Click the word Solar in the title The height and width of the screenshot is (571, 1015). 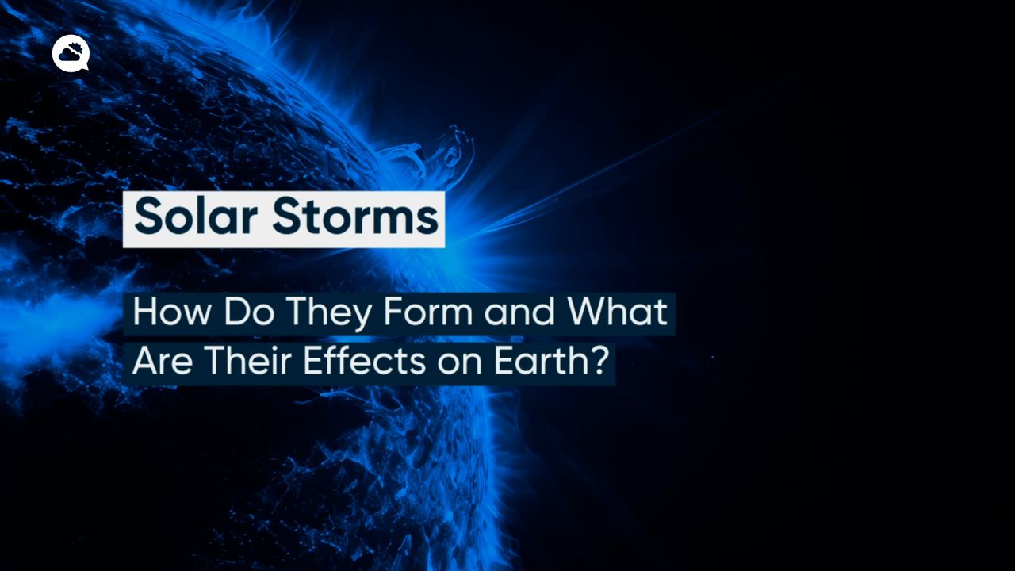pos(196,217)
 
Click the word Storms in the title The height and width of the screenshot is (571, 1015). pos(355,217)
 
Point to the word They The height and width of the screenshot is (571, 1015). pos(328,315)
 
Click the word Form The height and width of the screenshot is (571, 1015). pos(428,312)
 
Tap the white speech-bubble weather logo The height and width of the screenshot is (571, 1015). pos(71,53)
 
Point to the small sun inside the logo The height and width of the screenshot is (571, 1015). pos(76,47)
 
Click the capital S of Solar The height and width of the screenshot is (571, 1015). pos(148,217)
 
